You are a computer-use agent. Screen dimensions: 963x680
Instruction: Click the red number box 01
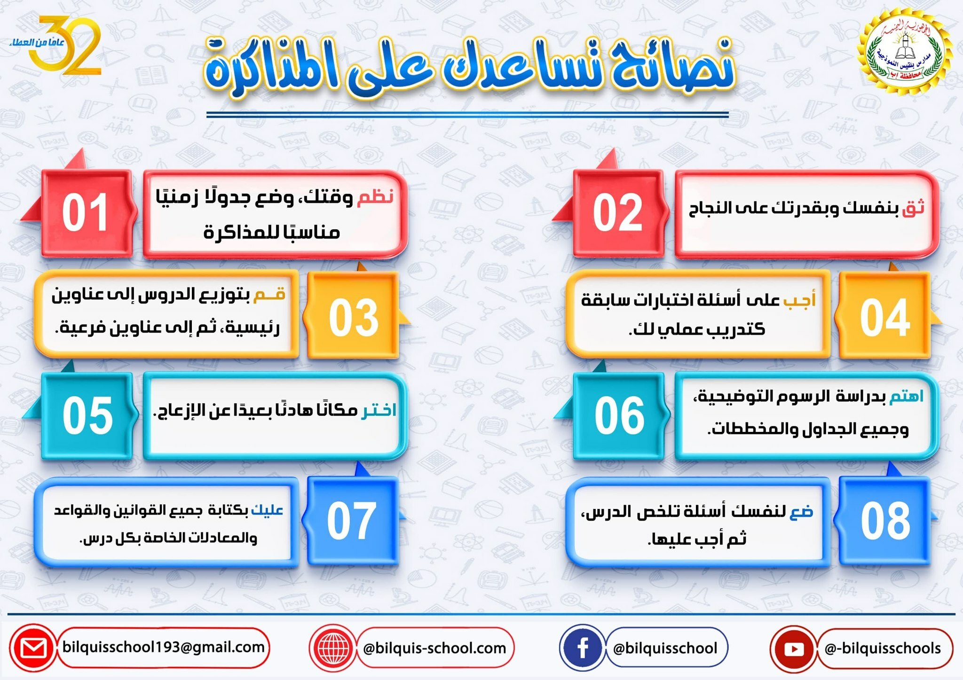click(87, 213)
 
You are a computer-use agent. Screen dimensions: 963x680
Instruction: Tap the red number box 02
click(618, 213)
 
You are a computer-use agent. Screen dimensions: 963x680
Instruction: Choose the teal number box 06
click(618, 416)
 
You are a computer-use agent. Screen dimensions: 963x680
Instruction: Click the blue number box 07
click(353, 521)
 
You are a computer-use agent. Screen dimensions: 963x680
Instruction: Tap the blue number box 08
click(885, 521)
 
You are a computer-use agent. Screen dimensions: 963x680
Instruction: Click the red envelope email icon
click(33, 648)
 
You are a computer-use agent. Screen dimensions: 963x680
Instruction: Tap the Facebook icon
click(583, 648)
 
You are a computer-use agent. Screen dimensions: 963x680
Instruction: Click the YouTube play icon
click(794, 649)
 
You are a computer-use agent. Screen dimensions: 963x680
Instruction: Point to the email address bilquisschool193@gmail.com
click(163, 647)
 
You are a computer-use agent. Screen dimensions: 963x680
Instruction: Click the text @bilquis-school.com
click(434, 649)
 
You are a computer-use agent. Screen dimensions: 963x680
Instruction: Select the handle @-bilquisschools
click(883, 649)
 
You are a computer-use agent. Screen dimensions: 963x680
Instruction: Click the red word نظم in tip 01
click(375, 197)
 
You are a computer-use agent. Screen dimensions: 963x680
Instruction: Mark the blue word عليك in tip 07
click(267, 510)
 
